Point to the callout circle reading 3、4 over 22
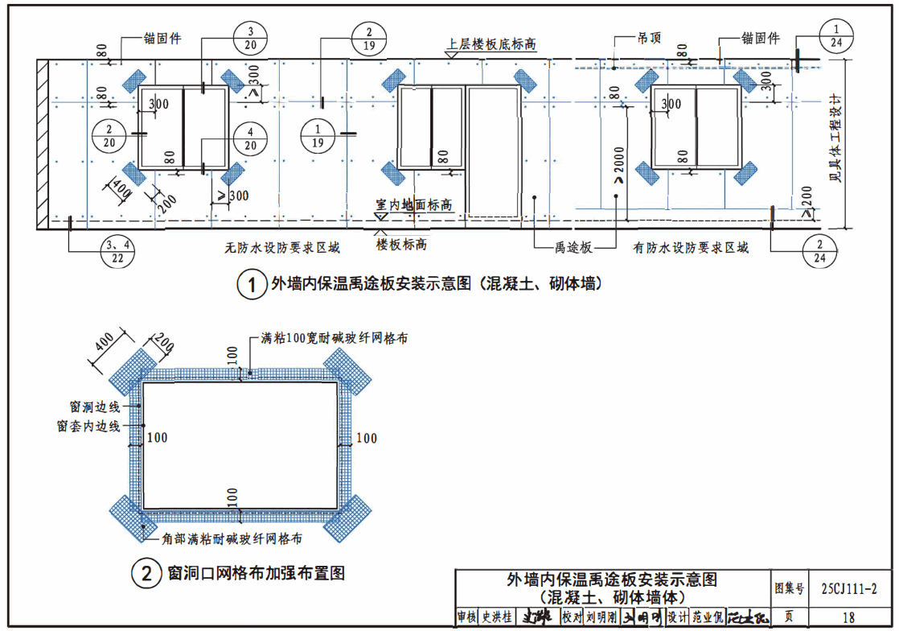[117, 250]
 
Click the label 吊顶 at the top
[647, 38]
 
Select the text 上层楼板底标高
[492, 44]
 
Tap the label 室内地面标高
[413, 206]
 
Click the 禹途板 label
[573, 248]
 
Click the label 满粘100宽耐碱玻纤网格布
[334, 339]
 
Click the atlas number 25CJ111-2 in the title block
[849, 589]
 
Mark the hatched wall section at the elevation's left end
[42, 145]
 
